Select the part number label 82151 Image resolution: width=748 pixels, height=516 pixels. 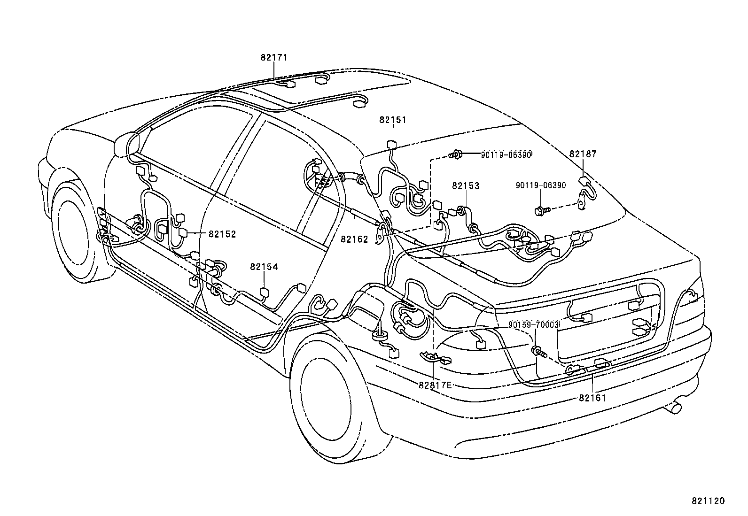click(392, 120)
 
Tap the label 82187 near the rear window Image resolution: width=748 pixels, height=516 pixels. click(583, 154)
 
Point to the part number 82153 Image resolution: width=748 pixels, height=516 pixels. click(466, 186)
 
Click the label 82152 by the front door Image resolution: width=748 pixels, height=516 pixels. click(222, 234)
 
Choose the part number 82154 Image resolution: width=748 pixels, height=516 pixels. click(264, 267)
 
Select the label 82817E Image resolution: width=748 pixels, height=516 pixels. click(435, 385)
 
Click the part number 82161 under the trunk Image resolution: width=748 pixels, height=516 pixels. click(592, 398)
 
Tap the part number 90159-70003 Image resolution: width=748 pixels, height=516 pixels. click(534, 325)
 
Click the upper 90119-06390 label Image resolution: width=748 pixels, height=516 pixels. click(506, 154)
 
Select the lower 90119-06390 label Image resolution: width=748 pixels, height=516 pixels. click(540, 185)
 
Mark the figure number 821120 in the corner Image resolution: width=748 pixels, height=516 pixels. click(708, 501)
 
